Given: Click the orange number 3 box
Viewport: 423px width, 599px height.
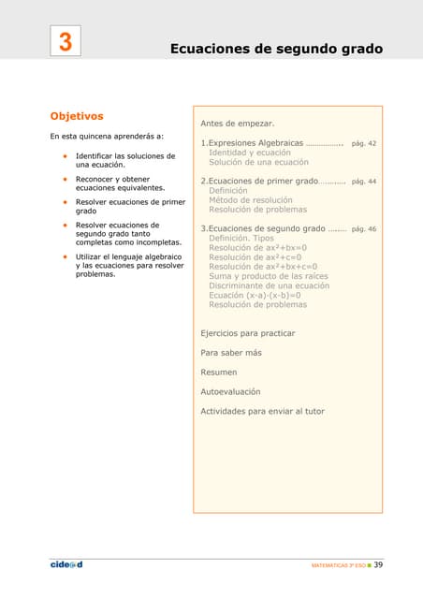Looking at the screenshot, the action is tap(66, 42).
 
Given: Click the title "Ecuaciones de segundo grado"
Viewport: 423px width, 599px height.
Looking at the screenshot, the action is tap(276, 48).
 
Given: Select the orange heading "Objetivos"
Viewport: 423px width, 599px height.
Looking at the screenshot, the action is tap(77, 116).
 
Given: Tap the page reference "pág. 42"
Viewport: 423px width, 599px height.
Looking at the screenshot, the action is tap(363, 144).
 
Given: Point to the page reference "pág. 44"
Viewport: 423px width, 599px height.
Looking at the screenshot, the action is tap(363, 181).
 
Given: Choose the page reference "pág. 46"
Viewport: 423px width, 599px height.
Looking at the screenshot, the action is tap(363, 228).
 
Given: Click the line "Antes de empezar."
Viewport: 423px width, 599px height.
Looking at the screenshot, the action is tap(238, 124).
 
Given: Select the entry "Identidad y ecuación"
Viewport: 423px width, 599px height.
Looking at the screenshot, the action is tap(250, 153).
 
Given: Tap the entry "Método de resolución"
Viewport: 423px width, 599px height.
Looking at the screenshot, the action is tap(251, 199).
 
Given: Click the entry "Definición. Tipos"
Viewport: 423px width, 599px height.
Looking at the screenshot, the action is tap(241, 239).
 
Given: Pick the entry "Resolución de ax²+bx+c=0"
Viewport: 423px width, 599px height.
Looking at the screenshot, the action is tap(263, 267).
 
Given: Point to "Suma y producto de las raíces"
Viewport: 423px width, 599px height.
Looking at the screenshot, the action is tap(269, 276).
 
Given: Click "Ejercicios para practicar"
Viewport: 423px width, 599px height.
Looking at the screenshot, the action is tap(248, 333).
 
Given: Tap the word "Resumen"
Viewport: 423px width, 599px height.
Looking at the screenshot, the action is tap(220, 373).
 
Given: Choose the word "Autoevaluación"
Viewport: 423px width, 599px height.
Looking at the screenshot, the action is tap(231, 391).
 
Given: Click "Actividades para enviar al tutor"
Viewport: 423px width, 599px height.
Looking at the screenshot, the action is tap(262, 411).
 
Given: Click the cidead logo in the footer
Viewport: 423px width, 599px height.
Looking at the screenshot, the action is tap(66, 565).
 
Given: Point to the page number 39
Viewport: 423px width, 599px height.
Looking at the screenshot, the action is tap(379, 565).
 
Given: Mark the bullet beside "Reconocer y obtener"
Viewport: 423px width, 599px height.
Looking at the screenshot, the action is tap(65, 179).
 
